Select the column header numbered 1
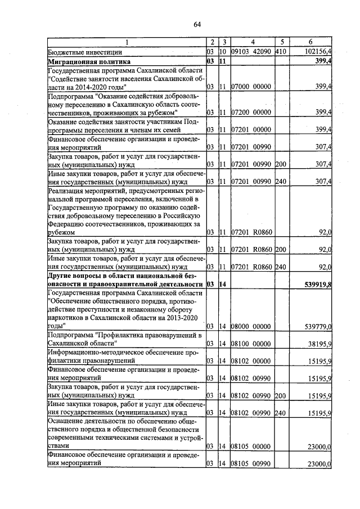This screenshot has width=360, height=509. tap(126, 42)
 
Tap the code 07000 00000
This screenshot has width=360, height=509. tap(251, 87)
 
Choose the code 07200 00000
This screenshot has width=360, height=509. tap(251, 113)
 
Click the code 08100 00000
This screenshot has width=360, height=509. tap(251, 343)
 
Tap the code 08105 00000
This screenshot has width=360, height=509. tap(251, 447)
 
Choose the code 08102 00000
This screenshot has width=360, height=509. tap(251, 361)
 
